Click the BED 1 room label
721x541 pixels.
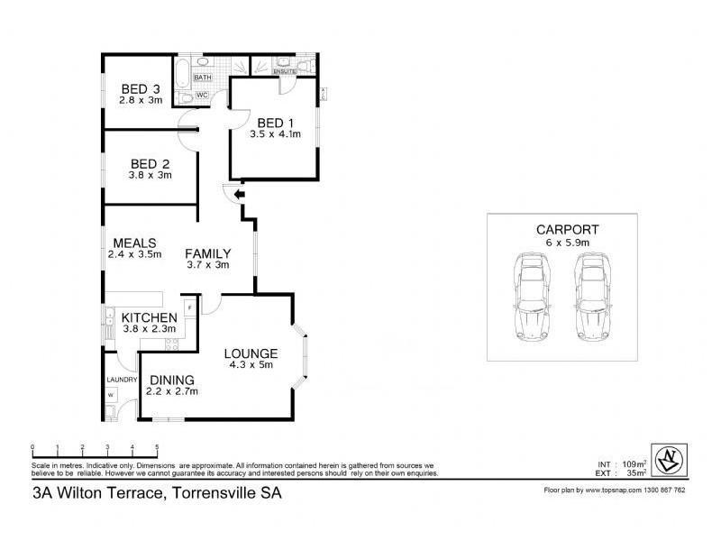coord(275,123)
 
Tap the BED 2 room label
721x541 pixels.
coord(150,163)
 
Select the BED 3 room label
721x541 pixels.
coord(141,88)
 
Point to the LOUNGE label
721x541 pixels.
coord(251,353)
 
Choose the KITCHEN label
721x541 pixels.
coord(149,317)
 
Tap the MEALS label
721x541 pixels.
coord(135,243)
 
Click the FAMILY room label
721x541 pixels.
coord(208,253)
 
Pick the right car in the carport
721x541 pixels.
coord(594,297)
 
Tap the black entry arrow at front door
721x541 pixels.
coord(238,194)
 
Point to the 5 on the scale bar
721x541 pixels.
coord(157,448)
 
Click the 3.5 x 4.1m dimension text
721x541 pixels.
coord(275,134)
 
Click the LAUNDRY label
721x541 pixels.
coord(122,380)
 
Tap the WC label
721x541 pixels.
coord(202,95)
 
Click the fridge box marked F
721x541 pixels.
coord(189,307)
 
